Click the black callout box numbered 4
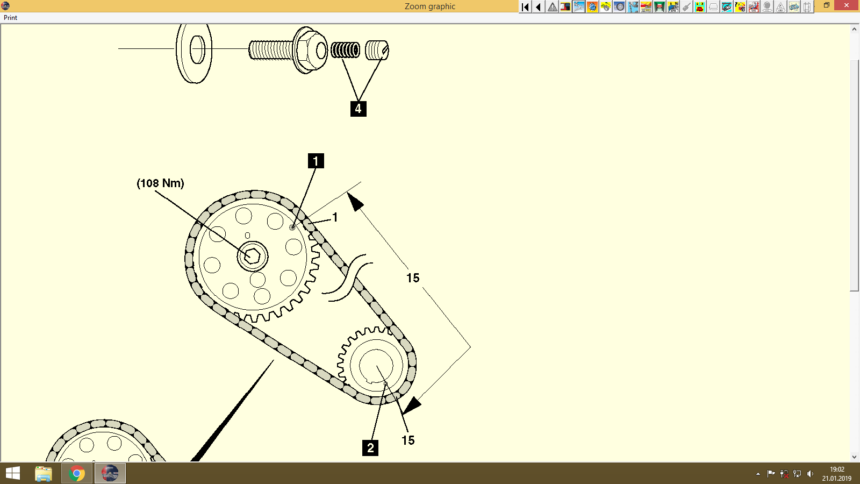click(x=358, y=109)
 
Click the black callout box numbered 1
click(x=316, y=161)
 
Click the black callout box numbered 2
click(x=370, y=447)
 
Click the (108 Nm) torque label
click(x=160, y=183)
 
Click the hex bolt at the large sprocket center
click(x=253, y=256)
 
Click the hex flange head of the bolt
click(x=310, y=51)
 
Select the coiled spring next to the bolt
click(x=345, y=51)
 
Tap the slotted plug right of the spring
click(x=376, y=51)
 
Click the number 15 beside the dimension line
click(x=413, y=278)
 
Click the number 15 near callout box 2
click(x=408, y=440)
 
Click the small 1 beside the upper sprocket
click(x=335, y=217)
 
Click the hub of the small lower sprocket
click(x=376, y=365)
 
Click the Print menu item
click(x=10, y=18)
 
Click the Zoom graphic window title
click(x=429, y=6)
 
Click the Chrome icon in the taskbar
click(x=77, y=473)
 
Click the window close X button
click(x=847, y=5)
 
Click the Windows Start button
click(x=13, y=473)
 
